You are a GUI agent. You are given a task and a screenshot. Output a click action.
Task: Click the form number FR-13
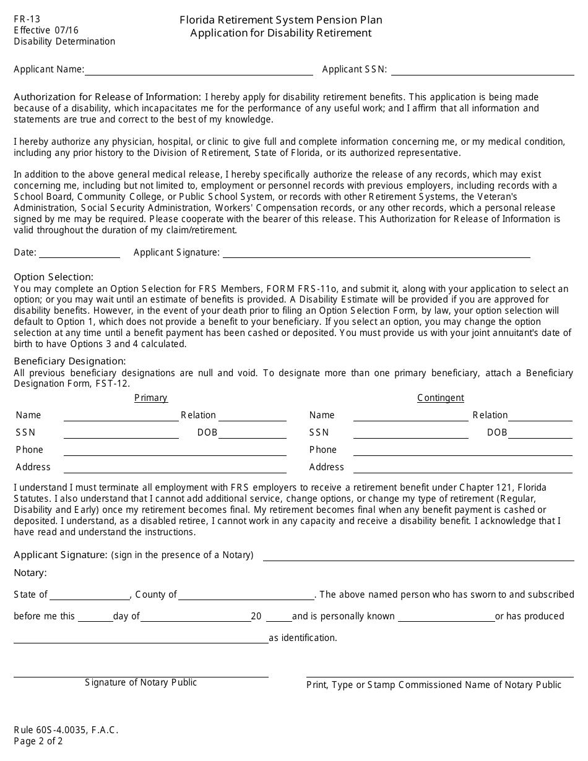[x=27, y=19]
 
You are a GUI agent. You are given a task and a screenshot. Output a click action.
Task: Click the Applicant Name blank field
[x=198, y=70]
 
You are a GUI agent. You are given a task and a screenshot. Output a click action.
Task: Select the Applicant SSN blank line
[x=482, y=70]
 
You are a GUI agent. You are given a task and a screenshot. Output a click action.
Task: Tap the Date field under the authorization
[x=79, y=252]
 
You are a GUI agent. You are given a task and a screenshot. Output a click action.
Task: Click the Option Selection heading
[x=54, y=277]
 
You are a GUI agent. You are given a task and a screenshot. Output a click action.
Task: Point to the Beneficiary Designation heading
[x=70, y=361]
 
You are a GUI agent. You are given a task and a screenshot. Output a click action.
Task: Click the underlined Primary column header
[x=151, y=398]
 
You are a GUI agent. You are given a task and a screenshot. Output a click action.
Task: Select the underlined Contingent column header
[x=441, y=398]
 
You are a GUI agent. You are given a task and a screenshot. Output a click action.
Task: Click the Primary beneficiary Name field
[x=121, y=416]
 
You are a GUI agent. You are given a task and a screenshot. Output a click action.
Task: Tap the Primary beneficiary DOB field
[x=253, y=433]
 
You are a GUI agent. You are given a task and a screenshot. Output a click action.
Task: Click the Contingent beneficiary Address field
[x=463, y=468]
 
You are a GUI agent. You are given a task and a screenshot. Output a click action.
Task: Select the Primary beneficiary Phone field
[x=175, y=450]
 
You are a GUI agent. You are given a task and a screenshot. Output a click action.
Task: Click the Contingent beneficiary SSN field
[x=410, y=433]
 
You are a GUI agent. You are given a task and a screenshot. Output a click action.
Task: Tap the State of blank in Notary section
[x=90, y=595]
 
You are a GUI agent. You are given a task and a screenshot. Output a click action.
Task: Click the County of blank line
[x=246, y=595]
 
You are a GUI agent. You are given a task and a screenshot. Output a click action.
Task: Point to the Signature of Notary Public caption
[x=141, y=682]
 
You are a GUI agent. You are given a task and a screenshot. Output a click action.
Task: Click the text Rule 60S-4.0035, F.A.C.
[x=66, y=730]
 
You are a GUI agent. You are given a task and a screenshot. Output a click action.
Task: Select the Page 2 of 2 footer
[x=38, y=741]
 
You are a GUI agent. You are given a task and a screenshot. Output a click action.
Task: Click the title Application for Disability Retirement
[x=281, y=33]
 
